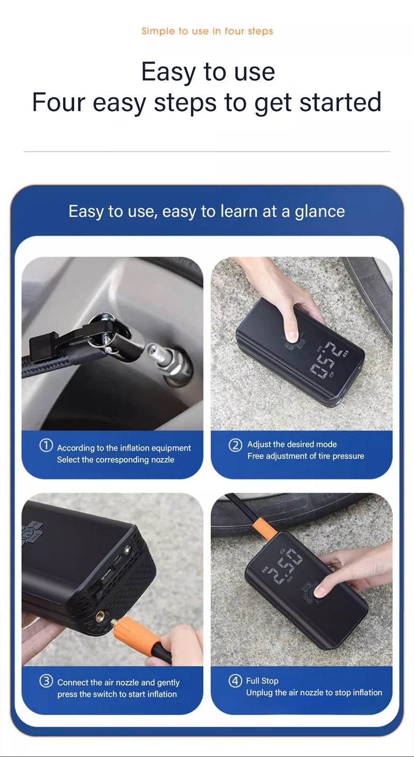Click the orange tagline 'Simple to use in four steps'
click(207, 31)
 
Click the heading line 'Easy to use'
click(208, 71)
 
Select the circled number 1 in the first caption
click(46, 446)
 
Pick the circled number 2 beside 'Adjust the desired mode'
click(235, 445)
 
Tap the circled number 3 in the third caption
click(46, 681)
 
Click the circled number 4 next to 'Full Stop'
click(235, 681)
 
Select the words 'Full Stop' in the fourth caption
click(262, 681)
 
